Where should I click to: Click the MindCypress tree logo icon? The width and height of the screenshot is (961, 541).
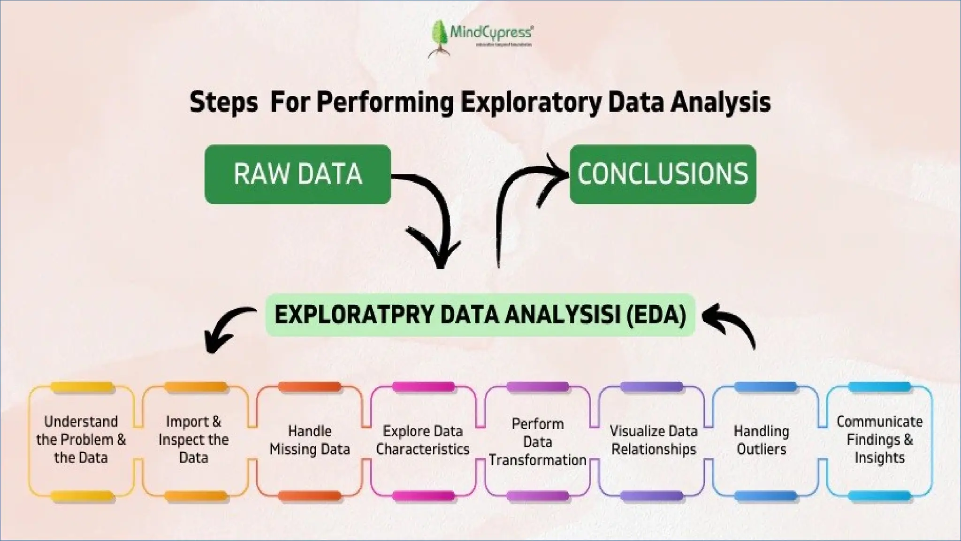coord(439,38)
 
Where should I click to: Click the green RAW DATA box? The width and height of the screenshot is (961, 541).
coord(297,174)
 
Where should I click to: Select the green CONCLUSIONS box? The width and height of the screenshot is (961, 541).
coord(663,174)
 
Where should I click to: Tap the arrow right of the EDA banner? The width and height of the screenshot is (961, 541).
coord(732,324)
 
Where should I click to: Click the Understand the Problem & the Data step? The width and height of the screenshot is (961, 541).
coord(81,440)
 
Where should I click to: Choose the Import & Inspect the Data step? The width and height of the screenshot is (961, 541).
coord(194,440)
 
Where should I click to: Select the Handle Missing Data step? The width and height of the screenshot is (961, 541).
coord(310,440)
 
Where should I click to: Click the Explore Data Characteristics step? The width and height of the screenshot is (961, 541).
coord(423,440)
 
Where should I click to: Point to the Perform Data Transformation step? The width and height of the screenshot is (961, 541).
coord(538,441)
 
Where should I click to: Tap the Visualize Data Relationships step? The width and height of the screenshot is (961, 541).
coord(654,440)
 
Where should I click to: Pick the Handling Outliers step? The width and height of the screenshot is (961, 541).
coord(761,440)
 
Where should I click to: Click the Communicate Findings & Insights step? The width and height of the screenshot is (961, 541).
coord(879,440)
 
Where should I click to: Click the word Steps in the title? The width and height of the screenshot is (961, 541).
coord(224,102)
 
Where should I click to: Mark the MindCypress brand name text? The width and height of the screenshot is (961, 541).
coord(491,32)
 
